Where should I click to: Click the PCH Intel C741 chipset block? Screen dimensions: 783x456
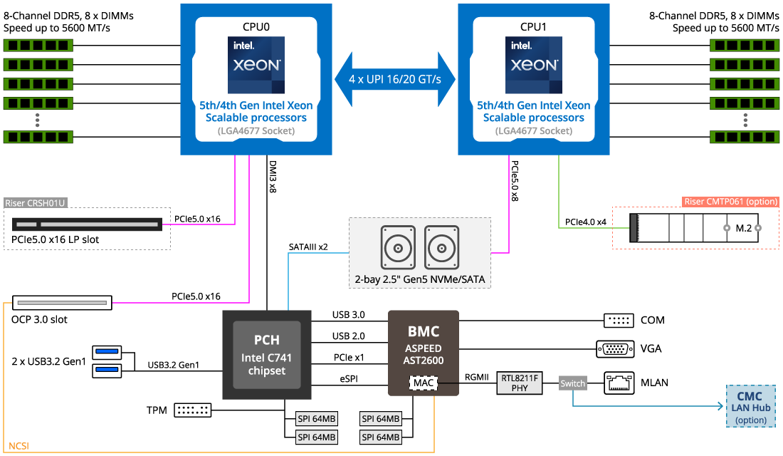(x=267, y=355)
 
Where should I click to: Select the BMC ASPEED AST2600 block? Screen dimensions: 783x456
(x=424, y=353)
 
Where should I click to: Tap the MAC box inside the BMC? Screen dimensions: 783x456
(x=424, y=383)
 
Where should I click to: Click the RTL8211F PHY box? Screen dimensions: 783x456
(x=520, y=383)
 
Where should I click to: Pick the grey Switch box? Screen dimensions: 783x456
(x=572, y=383)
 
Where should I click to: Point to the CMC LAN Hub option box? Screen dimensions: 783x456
(x=750, y=406)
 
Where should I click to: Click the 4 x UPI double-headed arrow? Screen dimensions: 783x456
(x=395, y=79)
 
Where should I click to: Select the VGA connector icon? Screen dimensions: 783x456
(x=615, y=348)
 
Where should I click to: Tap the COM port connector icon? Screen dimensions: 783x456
(x=619, y=321)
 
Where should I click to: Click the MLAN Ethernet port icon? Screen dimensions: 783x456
(x=619, y=383)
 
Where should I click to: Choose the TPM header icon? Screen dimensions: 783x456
(x=193, y=410)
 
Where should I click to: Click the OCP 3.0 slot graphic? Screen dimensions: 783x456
(x=62, y=303)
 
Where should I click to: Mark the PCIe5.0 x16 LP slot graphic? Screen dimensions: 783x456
(x=87, y=224)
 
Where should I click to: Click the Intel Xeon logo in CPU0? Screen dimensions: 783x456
(x=256, y=65)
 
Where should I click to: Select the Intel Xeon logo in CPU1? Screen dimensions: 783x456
(x=534, y=65)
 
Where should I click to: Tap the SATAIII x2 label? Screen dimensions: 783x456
(x=308, y=247)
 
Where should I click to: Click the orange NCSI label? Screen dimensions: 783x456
(x=19, y=445)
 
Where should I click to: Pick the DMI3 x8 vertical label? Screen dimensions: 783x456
(x=273, y=177)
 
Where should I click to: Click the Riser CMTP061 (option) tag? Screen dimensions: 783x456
(x=730, y=202)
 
